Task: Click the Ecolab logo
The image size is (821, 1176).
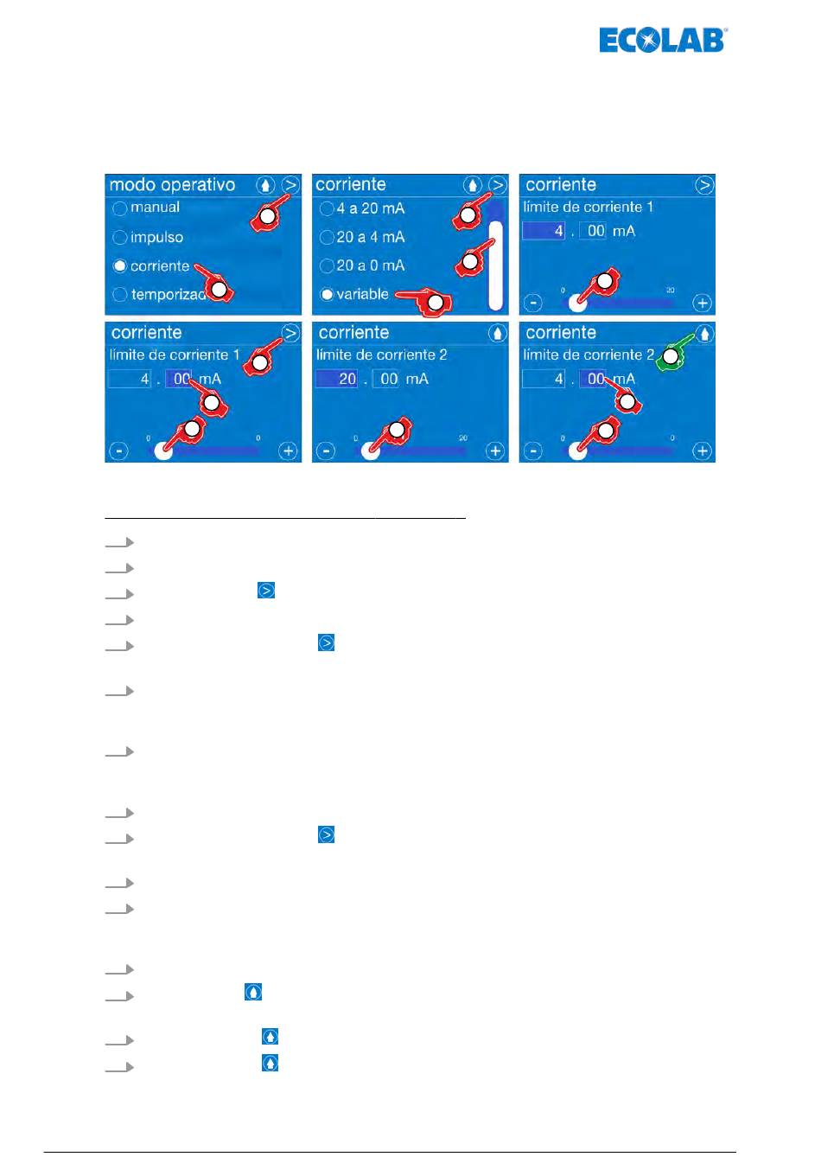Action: click(x=663, y=40)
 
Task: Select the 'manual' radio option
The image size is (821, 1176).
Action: click(x=120, y=208)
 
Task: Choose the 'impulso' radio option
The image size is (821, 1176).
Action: click(x=120, y=238)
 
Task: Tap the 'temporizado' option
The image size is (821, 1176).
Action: click(x=120, y=295)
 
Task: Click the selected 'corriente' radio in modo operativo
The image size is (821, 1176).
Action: click(x=120, y=266)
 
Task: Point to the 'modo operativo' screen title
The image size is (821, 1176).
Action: click(x=172, y=185)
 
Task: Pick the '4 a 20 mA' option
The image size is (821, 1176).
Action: click(x=327, y=208)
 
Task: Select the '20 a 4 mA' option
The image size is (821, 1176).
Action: click(x=327, y=237)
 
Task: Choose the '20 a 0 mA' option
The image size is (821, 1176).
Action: click(x=327, y=265)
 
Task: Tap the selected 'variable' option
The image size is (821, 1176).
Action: click(x=327, y=295)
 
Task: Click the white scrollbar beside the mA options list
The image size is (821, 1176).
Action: click(x=495, y=265)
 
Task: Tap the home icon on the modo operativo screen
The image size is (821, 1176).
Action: click(x=265, y=185)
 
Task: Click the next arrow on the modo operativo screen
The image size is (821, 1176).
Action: click(x=291, y=185)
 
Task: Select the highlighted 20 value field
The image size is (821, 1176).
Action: click(x=337, y=379)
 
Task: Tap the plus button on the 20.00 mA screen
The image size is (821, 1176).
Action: click(x=495, y=451)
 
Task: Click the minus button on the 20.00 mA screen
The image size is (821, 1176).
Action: click(x=326, y=451)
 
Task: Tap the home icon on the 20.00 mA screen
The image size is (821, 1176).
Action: click(x=498, y=333)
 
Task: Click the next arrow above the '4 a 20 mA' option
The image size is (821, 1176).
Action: click(x=498, y=185)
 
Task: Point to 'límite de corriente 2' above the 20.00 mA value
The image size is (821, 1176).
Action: click(x=381, y=355)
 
